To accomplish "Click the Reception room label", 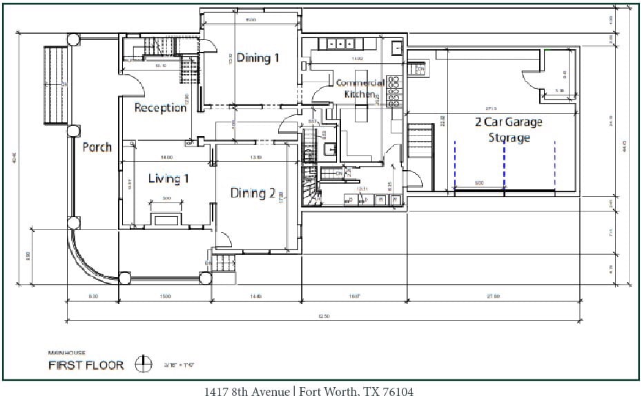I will [x=160, y=107].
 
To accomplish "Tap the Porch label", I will [x=97, y=147].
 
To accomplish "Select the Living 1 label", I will [x=168, y=179].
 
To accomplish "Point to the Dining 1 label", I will [x=257, y=58].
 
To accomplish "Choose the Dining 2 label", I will [x=253, y=193].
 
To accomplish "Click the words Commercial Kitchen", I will [x=360, y=88].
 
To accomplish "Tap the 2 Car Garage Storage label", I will [x=508, y=130].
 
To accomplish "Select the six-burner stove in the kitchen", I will [x=394, y=92].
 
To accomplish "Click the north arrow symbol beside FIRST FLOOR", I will [x=144, y=364].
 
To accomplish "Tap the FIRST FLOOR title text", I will [x=86, y=365].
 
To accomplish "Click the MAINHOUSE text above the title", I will [x=65, y=352].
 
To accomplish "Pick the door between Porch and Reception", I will [x=135, y=86].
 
